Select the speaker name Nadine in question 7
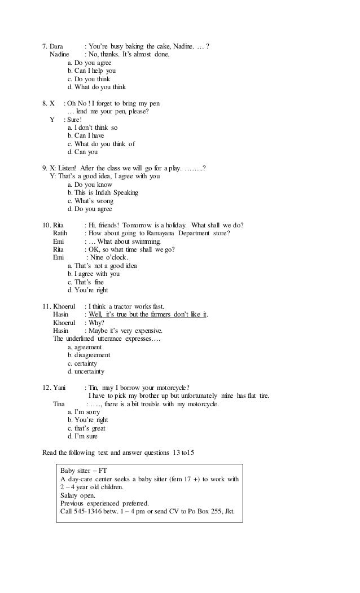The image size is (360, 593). pos(59,55)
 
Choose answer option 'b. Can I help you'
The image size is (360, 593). pos(91,71)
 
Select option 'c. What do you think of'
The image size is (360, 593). pos(101,144)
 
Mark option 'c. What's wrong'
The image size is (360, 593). pos(90,201)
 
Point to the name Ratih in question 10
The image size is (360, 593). pos(60,234)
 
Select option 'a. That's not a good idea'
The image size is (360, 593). pos(102,266)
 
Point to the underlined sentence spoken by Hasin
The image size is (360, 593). pos(148,314)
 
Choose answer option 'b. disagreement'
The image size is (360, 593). pos(89,355)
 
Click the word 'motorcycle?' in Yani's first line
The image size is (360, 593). pos(172,387)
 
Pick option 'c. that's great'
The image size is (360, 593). pos(88,428)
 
